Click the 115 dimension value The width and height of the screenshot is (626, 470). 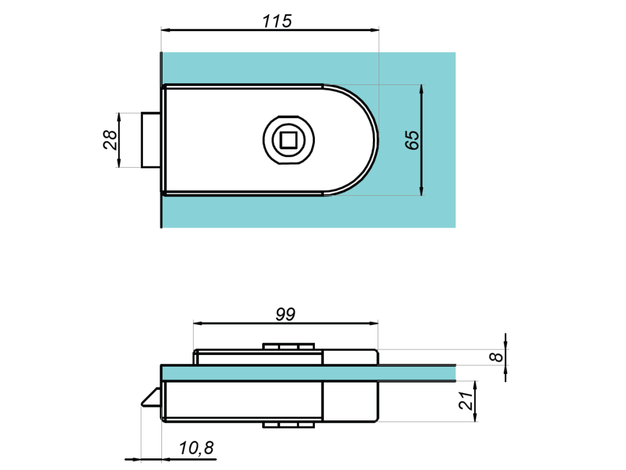point(277,21)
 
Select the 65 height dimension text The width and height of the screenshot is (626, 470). point(413,140)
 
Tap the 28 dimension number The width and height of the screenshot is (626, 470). point(110,140)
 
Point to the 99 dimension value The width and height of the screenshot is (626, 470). point(285,315)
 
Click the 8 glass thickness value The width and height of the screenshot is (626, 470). point(496,357)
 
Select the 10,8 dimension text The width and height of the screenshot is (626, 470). point(196,448)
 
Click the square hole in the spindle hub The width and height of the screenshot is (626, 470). point(288,140)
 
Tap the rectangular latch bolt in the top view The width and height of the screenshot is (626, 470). point(152,140)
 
